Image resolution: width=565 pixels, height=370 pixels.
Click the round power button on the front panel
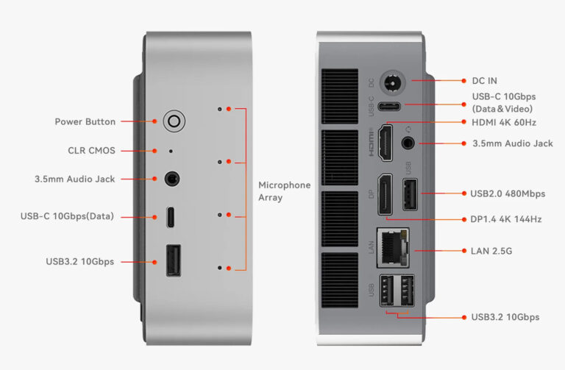(174, 121)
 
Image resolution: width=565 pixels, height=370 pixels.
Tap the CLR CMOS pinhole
(171, 151)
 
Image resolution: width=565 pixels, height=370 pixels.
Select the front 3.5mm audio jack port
(173, 178)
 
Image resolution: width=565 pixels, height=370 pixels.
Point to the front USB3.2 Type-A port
(174, 260)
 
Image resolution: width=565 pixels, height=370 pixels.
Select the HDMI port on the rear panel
(386, 142)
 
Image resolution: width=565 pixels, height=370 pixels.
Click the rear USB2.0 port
(410, 194)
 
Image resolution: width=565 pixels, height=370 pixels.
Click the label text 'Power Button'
(85, 121)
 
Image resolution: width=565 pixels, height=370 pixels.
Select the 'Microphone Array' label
(284, 191)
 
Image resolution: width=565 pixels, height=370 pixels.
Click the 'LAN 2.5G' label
(491, 251)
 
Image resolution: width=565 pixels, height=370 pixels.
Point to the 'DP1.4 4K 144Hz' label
(505, 219)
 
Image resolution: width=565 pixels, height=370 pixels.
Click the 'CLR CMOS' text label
(91, 151)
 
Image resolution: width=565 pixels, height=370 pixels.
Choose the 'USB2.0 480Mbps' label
(508, 193)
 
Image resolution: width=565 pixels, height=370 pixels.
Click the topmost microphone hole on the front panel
(220, 108)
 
